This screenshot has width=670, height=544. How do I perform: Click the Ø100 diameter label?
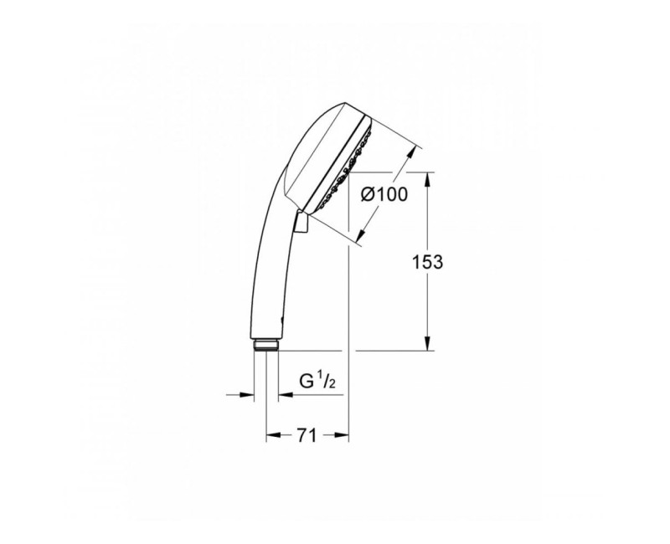tap(384, 194)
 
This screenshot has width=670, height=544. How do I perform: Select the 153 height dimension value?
tap(427, 261)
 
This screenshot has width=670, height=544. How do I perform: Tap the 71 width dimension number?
tap(306, 434)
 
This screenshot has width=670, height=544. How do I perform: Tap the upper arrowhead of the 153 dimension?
tap(428, 177)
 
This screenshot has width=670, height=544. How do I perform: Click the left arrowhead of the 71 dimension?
tap(271, 435)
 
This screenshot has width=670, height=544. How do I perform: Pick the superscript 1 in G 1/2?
tap(322, 377)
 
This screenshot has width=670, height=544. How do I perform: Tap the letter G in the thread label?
tap(307, 382)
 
